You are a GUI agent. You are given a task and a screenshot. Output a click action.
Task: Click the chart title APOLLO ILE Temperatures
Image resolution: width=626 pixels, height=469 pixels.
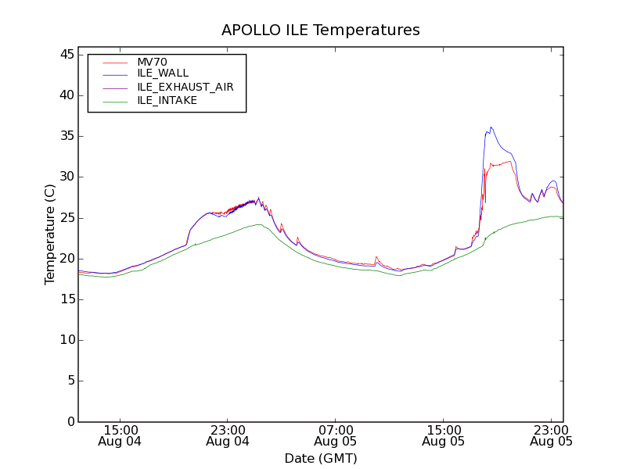tap(321, 30)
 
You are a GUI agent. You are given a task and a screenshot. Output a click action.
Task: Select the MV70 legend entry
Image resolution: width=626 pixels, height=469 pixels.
tap(153, 62)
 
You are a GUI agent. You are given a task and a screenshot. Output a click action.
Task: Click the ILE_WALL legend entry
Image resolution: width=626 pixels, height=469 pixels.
tap(163, 73)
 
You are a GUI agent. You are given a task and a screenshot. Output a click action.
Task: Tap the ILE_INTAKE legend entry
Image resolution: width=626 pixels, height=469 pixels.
tap(167, 100)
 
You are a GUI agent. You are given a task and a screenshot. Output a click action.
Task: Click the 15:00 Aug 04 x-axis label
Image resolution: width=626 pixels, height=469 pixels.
tap(121, 435)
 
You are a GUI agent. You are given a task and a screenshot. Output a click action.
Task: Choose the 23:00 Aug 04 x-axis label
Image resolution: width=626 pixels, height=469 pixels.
tap(228, 435)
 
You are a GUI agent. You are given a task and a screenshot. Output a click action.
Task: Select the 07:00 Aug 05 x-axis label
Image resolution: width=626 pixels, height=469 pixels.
tap(336, 435)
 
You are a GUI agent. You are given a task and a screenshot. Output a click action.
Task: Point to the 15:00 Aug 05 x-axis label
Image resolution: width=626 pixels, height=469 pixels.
tap(444, 435)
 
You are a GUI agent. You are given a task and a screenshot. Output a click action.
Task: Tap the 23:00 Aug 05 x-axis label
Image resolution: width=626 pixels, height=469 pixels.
tap(551, 435)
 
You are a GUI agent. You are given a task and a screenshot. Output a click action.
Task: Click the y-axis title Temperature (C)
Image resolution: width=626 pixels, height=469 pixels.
tap(50, 234)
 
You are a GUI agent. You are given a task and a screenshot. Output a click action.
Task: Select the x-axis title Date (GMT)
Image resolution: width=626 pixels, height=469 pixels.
tap(321, 458)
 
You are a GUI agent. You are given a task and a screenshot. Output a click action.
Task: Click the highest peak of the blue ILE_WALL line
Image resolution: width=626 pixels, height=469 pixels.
tap(491, 127)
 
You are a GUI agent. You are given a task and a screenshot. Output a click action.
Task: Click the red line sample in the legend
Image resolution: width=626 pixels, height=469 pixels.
tap(115, 62)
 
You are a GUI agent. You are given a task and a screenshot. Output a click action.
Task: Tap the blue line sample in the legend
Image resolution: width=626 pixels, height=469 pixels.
tap(115, 73)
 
